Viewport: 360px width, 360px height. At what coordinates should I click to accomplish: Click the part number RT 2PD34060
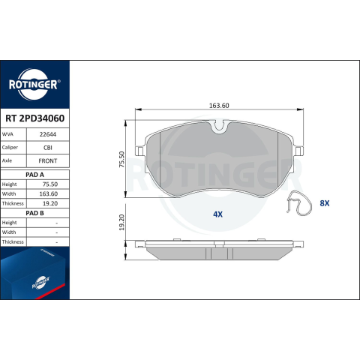[35, 118]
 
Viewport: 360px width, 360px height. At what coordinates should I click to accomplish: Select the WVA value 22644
[48, 134]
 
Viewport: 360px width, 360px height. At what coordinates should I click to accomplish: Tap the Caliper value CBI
[48, 148]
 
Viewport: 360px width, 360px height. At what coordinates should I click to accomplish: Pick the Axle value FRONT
[48, 161]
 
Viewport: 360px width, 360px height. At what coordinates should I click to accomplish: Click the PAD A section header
[34, 175]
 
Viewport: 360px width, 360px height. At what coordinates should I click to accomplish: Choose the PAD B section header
[34, 213]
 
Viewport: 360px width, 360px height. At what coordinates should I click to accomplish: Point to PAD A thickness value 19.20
[50, 203]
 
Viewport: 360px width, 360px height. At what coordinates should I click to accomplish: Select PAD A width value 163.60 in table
[49, 194]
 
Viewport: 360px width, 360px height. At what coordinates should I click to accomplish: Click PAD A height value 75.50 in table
[50, 184]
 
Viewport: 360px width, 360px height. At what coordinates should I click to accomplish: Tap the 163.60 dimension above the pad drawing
[219, 106]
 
